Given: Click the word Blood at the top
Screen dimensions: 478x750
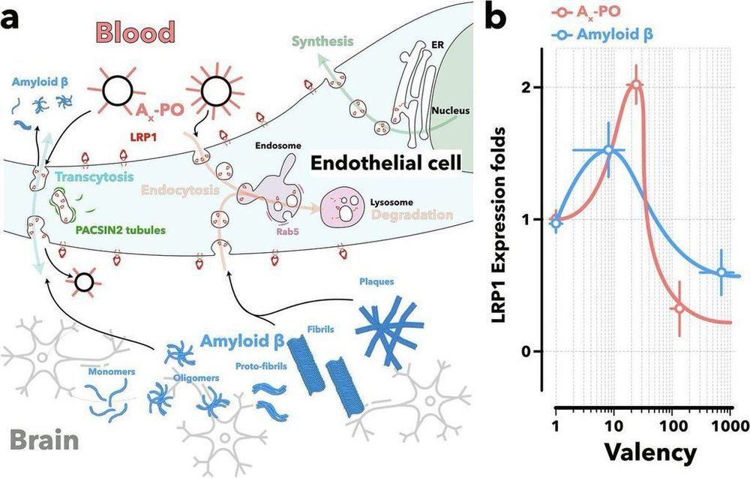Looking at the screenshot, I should click(x=135, y=32).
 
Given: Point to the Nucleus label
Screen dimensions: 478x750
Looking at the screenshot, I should click(x=450, y=111).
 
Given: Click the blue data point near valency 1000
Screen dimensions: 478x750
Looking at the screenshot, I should click(x=721, y=273).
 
